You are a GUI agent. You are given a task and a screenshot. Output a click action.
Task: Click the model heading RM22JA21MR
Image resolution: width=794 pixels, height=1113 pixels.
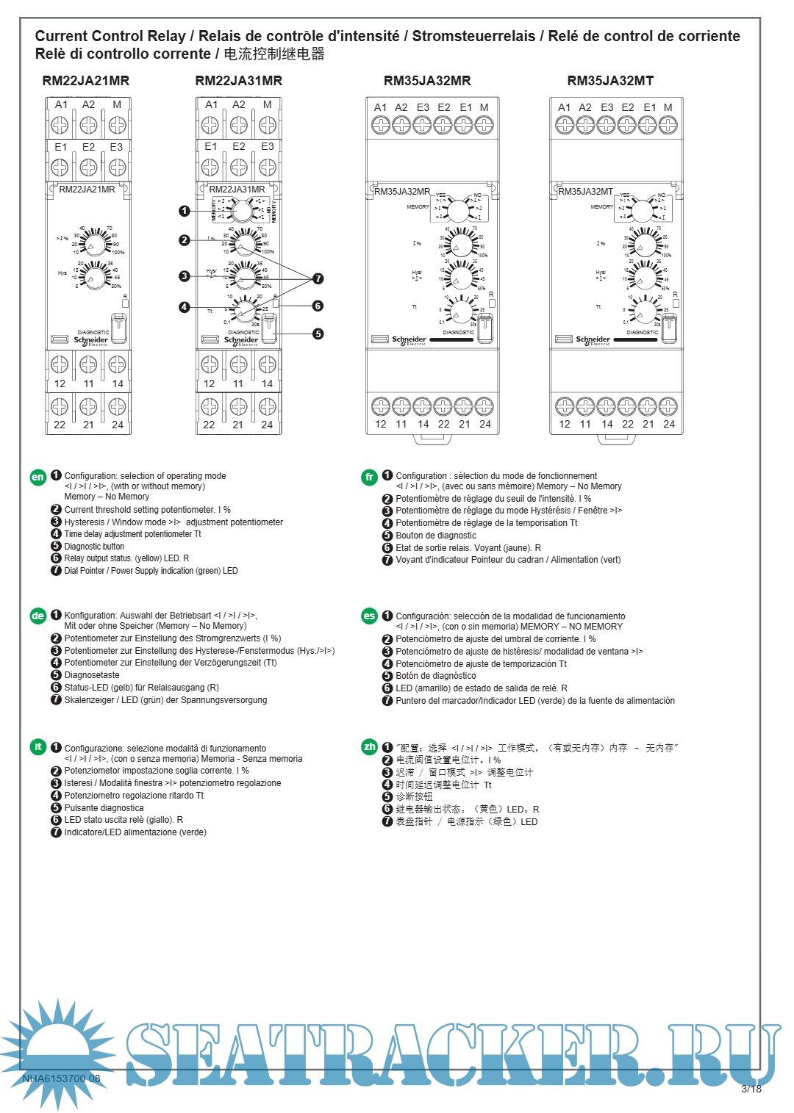click(x=85, y=81)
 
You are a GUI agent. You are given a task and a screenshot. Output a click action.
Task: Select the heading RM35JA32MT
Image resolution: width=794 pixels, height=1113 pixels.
click(x=609, y=81)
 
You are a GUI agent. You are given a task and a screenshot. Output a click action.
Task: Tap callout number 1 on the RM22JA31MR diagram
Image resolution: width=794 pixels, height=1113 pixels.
click(x=185, y=211)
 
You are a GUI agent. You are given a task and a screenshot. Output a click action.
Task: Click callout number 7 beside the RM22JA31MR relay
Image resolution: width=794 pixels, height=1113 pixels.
click(x=318, y=278)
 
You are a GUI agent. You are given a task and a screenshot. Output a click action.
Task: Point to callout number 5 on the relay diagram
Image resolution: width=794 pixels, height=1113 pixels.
click(x=318, y=334)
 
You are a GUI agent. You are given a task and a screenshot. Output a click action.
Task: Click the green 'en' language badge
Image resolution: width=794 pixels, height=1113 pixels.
click(x=37, y=477)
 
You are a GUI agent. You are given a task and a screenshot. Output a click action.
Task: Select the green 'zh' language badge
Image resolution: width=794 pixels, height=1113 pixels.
click(x=369, y=747)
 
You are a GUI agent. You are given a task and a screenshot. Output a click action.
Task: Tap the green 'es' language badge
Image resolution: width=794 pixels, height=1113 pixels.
click(x=369, y=616)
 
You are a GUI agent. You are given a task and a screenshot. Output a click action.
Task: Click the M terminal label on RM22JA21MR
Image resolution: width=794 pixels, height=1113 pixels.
click(x=117, y=105)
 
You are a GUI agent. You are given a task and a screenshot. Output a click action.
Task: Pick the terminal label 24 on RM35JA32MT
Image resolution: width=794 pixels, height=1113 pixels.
click(x=668, y=424)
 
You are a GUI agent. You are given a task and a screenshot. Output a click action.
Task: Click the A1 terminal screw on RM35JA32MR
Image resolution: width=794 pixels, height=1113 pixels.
click(x=380, y=126)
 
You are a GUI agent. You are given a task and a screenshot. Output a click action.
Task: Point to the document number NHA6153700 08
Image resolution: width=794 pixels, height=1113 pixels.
click(x=61, y=1078)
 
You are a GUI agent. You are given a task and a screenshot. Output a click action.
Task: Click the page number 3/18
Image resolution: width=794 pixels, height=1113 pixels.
click(x=751, y=1089)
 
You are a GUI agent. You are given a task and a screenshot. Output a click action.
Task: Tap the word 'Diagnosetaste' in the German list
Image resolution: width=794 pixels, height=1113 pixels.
click(x=92, y=675)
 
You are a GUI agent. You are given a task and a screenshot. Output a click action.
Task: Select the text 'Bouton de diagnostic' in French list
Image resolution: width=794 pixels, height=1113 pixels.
click(x=436, y=536)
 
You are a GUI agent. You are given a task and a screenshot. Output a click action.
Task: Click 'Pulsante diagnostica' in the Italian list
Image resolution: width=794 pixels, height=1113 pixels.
click(x=104, y=808)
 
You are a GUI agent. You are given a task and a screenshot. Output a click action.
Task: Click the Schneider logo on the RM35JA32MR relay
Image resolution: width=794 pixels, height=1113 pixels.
click(x=409, y=340)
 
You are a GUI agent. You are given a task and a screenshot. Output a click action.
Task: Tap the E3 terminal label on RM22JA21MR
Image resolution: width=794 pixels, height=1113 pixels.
click(x=116, y=147)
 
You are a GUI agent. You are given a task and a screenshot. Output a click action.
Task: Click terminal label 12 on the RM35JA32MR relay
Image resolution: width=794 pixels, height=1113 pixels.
click(x=380, y=424)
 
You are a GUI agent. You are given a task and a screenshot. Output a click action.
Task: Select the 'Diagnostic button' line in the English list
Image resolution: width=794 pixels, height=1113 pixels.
click(x=94, y=547)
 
